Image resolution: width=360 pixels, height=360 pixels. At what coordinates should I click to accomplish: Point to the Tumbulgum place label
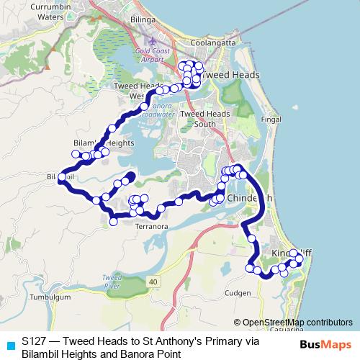coord(49,297)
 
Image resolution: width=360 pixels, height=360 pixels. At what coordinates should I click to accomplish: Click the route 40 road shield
coord(153,279)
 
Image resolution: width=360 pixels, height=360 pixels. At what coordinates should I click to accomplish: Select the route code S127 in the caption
coord(34,341)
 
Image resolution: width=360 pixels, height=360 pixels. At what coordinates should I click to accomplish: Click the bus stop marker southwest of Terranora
coord(113,222)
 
